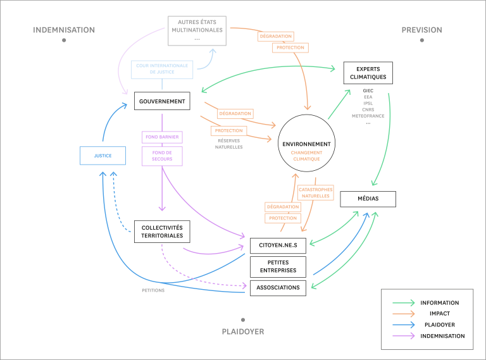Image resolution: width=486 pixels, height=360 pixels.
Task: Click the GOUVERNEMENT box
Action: point(162,101)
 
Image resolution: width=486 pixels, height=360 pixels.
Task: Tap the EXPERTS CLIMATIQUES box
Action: point(368,73)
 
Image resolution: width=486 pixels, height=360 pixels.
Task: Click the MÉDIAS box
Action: point(368,199)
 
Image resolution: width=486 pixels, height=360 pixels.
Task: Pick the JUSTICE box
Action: point(103,156)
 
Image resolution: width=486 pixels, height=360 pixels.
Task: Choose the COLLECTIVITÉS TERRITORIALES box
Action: point(162,232)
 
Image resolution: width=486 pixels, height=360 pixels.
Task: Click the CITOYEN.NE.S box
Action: point(278,245)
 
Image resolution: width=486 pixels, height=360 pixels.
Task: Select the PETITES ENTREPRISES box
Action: point(278,266)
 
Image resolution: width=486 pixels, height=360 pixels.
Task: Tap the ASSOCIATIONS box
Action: point(278,288)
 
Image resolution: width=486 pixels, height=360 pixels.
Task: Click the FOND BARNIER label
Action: point(162,137)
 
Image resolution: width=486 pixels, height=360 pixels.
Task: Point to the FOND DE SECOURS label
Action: point(162,156)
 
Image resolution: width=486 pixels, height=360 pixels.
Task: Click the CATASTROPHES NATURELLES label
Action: point(316,192)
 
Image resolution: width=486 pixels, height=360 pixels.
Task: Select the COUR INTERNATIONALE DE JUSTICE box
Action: point(162,70)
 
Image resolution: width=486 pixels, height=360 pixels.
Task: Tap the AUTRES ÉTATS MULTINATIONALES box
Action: point(197,30)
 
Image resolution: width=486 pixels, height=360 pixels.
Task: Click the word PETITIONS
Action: point(153,290)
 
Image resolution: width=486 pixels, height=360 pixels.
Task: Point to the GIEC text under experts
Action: point(368,90)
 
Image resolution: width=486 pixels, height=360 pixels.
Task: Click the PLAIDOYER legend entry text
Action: point(440,325)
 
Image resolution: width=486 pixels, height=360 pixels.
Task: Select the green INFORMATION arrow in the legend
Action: point(403,302)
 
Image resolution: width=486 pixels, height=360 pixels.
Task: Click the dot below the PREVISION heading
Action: point(422,40)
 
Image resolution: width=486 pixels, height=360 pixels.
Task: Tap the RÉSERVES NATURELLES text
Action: point(228,144)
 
